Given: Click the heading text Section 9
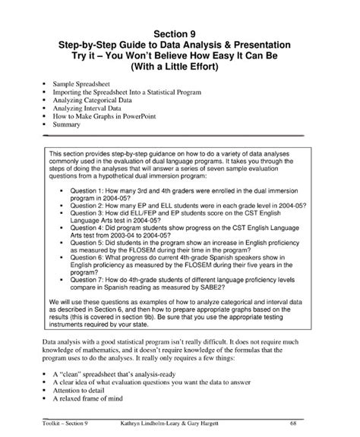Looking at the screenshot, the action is [180, 33].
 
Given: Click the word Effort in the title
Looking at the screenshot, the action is [204, 66].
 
